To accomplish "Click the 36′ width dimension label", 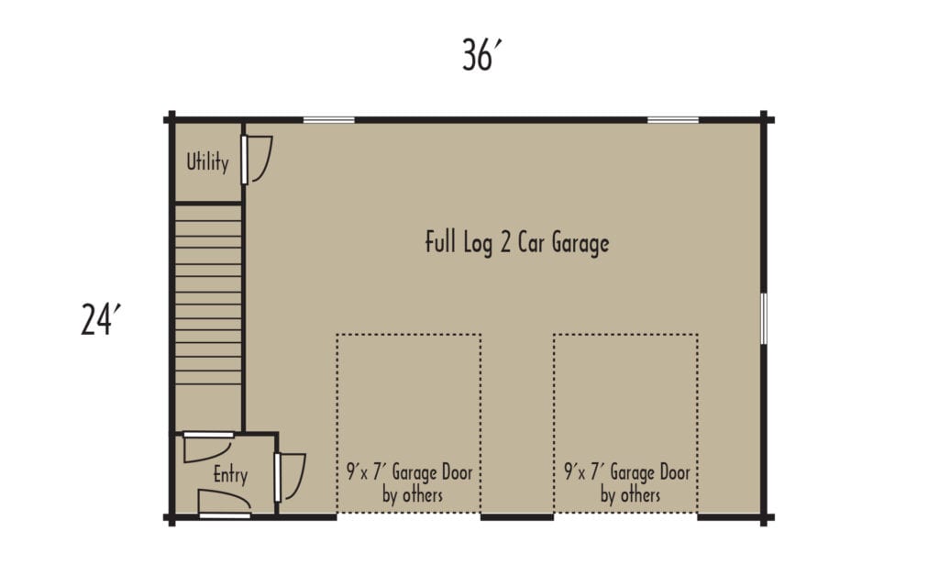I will click(483, 57).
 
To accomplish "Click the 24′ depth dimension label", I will click(101, 321).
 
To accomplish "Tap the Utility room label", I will click(207, 162).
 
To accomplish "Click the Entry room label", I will click(230, 475).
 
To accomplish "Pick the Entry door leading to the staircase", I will click(208, 446).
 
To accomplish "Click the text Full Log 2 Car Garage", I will click(517, 244).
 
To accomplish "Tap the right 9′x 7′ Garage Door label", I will click(627, 473).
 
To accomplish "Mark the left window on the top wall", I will click(329, 119).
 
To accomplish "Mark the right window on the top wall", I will click(673, 119).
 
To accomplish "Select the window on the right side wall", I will click(764, 319).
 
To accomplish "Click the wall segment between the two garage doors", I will click(517, 517).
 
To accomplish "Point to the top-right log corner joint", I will click(764, 118).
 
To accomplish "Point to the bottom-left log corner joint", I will click(171, 517).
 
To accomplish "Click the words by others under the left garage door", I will click(412, 495).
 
